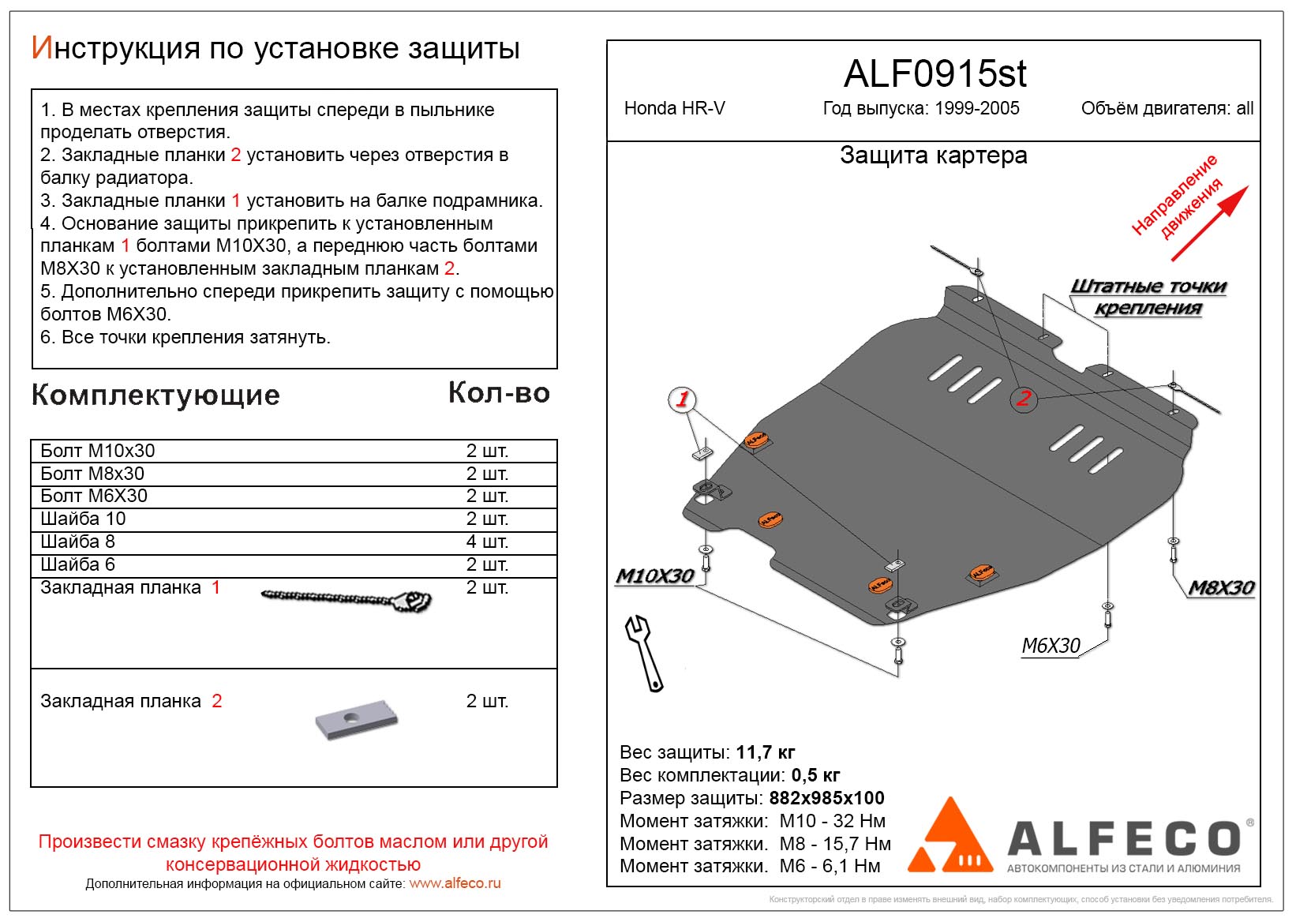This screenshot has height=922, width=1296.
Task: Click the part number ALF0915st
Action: click(935, 74)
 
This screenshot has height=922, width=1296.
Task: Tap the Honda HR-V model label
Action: click(674, 109)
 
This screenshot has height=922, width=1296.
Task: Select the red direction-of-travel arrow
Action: click(1210, 223)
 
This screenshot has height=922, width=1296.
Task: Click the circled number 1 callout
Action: click(682, 399)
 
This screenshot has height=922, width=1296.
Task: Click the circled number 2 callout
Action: click(1023, 398)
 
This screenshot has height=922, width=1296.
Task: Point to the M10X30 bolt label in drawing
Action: click(654, 576)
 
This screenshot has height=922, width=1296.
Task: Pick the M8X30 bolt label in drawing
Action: click(1221, 587)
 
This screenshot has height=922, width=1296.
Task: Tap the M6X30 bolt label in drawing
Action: click(1051, 646)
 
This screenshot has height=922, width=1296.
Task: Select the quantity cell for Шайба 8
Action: click(487, 542)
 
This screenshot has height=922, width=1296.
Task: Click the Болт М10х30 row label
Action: click(98, 451)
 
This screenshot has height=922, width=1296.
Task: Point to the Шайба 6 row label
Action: click(78, 564)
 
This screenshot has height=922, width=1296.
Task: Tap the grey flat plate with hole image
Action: click(356, 719)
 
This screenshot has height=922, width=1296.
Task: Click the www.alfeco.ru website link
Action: click(455, 883)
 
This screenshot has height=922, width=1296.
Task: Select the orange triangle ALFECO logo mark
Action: click(950, 838)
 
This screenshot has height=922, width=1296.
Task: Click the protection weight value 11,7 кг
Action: click(765, 752)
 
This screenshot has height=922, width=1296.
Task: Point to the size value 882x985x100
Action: click(826, 798)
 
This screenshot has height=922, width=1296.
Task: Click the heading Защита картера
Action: click(933, 156)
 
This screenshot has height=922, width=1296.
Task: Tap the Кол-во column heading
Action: click(499, 393)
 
